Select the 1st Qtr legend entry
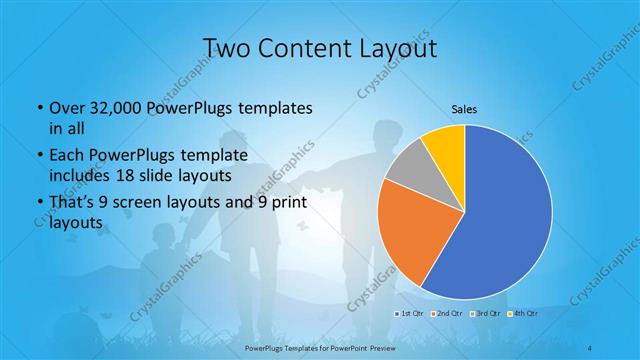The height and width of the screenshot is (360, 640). point(408,313)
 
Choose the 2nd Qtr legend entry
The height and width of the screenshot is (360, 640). point(446,313)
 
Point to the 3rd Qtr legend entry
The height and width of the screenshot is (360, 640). point(484,313)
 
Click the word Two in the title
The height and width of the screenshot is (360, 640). point(225,48)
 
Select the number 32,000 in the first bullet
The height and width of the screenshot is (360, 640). point(117,106)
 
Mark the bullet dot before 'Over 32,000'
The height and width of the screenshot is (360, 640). point(38,107)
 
